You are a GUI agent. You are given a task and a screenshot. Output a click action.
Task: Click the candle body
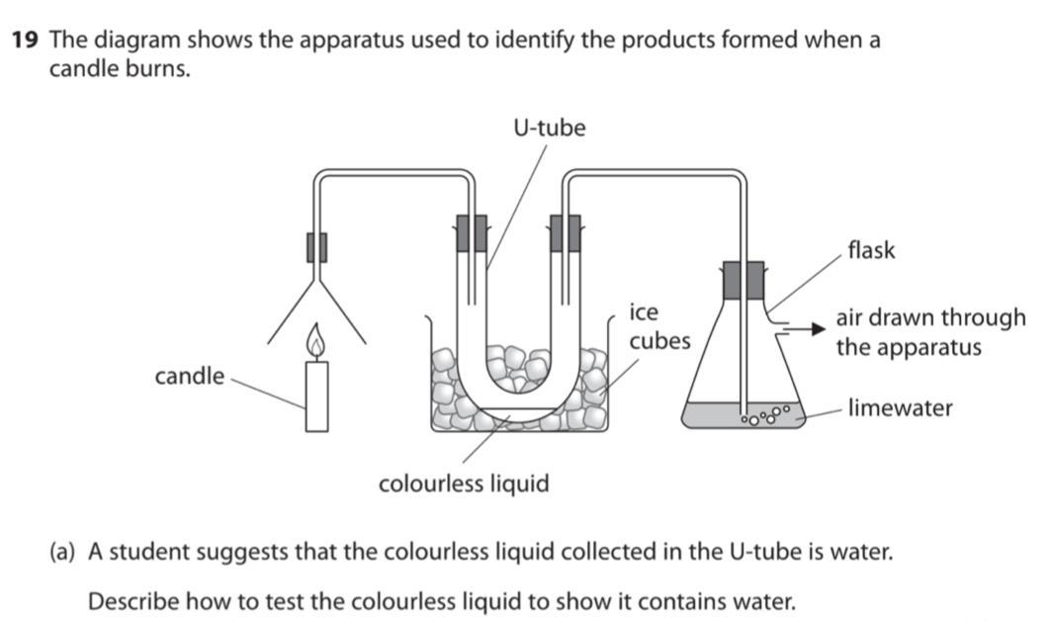pos(316,396)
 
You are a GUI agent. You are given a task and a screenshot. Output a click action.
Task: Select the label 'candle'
pos(189,377)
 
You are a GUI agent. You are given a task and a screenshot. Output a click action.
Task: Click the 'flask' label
pos(871,250)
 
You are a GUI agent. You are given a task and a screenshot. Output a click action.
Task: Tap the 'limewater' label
pos(900,407)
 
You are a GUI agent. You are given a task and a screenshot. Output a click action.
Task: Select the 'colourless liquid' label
pos(464,484)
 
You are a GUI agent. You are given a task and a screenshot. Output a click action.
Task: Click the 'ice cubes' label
pos(659,326)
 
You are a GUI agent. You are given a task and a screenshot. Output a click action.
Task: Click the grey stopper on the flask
pos(743,280)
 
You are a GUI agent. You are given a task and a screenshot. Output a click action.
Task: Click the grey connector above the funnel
pos(316,246)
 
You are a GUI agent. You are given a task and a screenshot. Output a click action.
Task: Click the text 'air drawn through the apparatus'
pos(930,332)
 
